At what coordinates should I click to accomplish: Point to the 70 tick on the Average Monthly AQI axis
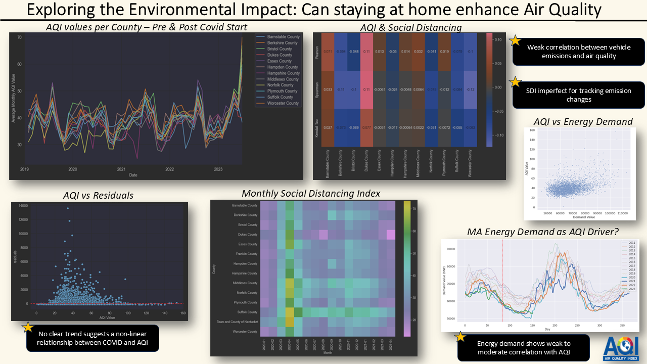pyautogui.click(x=19, y=37)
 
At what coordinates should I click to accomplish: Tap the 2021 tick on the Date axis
pyautogui.click(x=121, y=170)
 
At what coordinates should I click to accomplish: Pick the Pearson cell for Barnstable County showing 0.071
pyautogui.click(x=327, y=52)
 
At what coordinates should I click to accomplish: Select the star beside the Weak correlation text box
pyautogui.click(x=515, y=41)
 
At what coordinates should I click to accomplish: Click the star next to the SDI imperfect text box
pyautogui.click(x=515, y=82)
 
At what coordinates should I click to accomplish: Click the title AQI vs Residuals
pyautogui.click(x=98, y=195)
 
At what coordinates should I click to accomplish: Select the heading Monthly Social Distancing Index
pyautogui.click(x=311, y=193)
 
